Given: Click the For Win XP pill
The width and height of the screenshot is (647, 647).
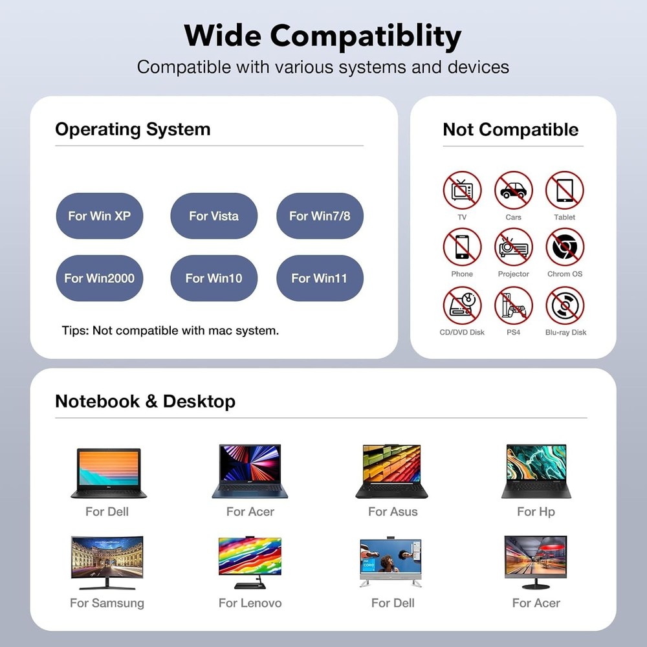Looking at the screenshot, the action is (x=100, y=216).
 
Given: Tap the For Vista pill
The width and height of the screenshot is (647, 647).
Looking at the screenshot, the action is (x=214, y=216).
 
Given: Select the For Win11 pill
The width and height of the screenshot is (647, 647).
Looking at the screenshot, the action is (x=320, y=278).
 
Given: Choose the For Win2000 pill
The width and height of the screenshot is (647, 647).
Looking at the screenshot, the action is (x=100, y=278).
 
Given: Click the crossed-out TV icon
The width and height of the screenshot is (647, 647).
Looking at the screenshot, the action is (x=462, y=190).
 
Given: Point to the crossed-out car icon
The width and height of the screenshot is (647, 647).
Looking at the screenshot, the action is (x=513, y=190).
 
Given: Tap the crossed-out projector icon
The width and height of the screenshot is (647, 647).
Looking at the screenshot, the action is (x=513, y=247).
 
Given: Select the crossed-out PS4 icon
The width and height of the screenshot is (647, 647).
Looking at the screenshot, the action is (x=513, y=306).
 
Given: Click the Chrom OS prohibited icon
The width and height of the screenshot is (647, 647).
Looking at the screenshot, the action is (x=564, y=247).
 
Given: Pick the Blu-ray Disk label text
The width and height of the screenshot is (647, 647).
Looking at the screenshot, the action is (x=565, y=332).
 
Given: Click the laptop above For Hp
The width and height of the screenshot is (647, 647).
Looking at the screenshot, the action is (x=536, y=471).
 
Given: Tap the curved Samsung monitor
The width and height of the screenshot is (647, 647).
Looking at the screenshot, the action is (x=107, y=562).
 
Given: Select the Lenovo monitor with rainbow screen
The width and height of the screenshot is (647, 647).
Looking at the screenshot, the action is (x=250, y=562).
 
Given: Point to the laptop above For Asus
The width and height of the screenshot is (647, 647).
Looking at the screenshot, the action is (x=391, y=471).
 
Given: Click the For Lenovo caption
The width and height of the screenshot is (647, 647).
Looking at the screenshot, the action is (x=250, y=603).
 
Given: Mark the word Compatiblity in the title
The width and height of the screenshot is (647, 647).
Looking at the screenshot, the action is (x=366, y=36).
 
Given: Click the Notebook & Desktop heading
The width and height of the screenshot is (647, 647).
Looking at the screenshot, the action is (x=145, y=401).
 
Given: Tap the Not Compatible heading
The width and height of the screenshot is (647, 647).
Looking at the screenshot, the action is (x=510, y=129).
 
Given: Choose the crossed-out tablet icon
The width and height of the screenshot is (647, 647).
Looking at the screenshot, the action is (x=564, y=190).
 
